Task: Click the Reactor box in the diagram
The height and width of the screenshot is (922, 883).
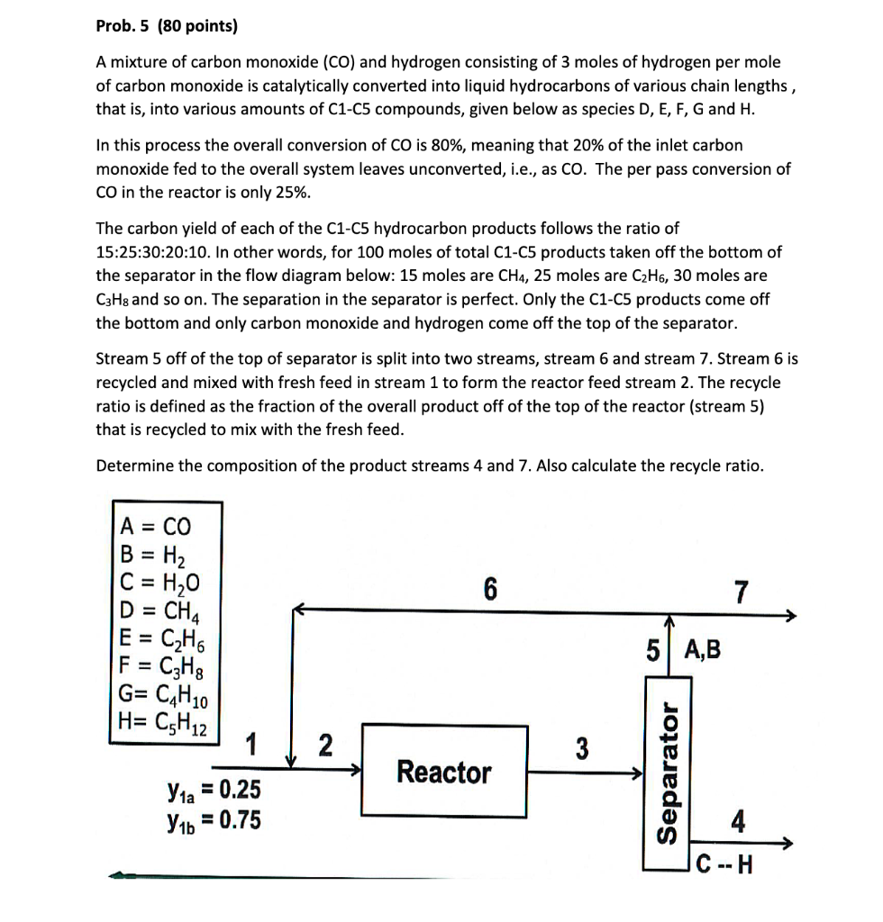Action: (444, 771)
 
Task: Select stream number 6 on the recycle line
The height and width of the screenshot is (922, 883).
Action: (489, 589)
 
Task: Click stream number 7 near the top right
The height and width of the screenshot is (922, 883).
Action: (741, 593)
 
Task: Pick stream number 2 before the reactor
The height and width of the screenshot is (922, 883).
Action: (325, 746)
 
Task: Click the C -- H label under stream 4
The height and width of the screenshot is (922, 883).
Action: (730, 868)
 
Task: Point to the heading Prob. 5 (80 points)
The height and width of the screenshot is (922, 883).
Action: (167, 26)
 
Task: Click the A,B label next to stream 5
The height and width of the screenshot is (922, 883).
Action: (703, 649)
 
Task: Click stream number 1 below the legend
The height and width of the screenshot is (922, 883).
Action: (253, 746)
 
